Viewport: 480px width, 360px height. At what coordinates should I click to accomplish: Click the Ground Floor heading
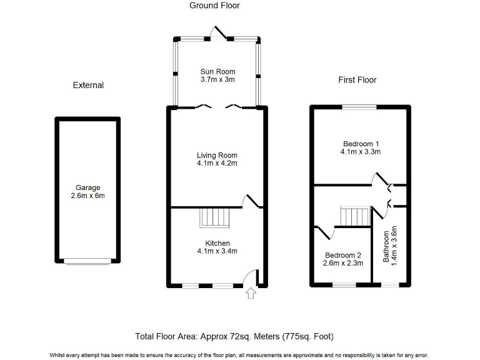tap(214, 6)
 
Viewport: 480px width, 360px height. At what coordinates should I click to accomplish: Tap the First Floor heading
tap(357, 80)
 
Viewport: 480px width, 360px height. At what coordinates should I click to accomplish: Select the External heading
tap(88, 85)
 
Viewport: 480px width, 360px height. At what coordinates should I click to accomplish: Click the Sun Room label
tap(217, 71)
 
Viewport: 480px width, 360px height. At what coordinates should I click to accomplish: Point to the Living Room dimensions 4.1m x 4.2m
tap(217, 164)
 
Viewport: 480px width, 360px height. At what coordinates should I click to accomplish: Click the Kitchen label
tap(217, 243)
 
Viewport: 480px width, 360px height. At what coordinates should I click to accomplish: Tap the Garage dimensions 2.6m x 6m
tap(88, 196)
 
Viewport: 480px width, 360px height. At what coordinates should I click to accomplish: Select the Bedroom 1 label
tap(361, 143)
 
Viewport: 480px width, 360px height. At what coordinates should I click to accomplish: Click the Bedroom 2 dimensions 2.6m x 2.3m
tap(343, 264)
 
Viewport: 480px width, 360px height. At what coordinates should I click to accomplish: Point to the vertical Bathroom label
tap(387, 248)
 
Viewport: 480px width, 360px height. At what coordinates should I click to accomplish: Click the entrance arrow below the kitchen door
tap(251, 292)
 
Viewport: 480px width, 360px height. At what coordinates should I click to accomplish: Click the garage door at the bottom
tap(88, 261)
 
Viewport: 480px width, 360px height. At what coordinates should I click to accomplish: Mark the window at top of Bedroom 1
tap(359, 107)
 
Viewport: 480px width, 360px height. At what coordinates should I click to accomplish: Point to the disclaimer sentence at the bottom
tap(239, 354)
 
